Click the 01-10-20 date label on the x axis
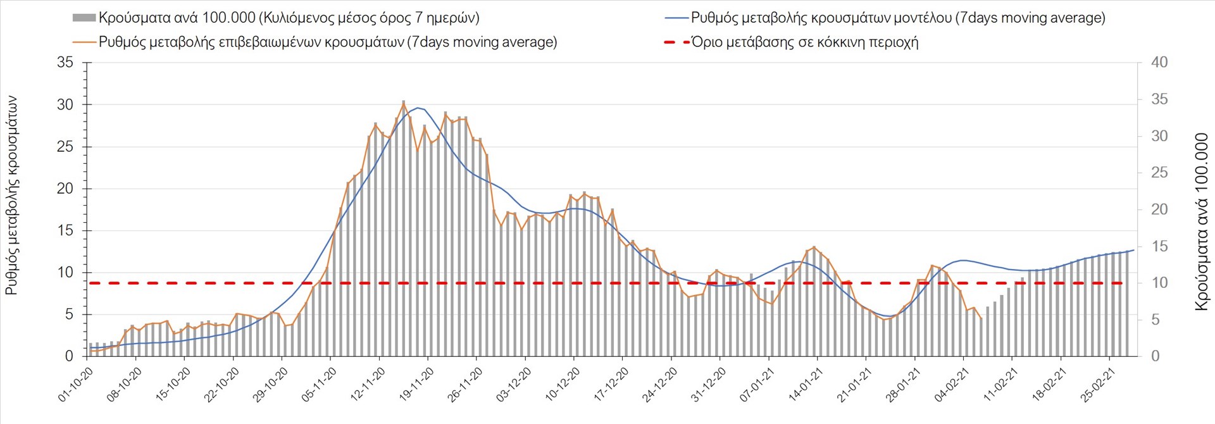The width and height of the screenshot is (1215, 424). pos(76,385)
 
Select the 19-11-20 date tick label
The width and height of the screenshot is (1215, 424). pos(417,385)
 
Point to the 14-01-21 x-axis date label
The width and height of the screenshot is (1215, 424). pos(806,385)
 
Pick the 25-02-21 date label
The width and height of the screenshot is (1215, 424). pos(1099,385)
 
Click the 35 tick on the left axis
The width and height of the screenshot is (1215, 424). pos(65,63)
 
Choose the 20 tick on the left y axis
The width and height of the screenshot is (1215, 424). pos(65,189)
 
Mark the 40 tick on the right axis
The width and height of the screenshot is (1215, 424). pos(1159,63)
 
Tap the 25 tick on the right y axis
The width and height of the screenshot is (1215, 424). pos(1159,173)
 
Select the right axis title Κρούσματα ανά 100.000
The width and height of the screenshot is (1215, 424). pos(1201,221)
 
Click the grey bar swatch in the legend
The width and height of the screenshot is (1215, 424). pos(84,18)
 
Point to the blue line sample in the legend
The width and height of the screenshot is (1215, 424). pos(676,18)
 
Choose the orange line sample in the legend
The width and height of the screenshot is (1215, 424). pos(85,42)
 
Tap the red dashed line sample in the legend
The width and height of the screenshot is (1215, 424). pos(676,42)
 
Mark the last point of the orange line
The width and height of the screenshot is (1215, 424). pos(981,318)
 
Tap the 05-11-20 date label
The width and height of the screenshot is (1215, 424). pos(320,385)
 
